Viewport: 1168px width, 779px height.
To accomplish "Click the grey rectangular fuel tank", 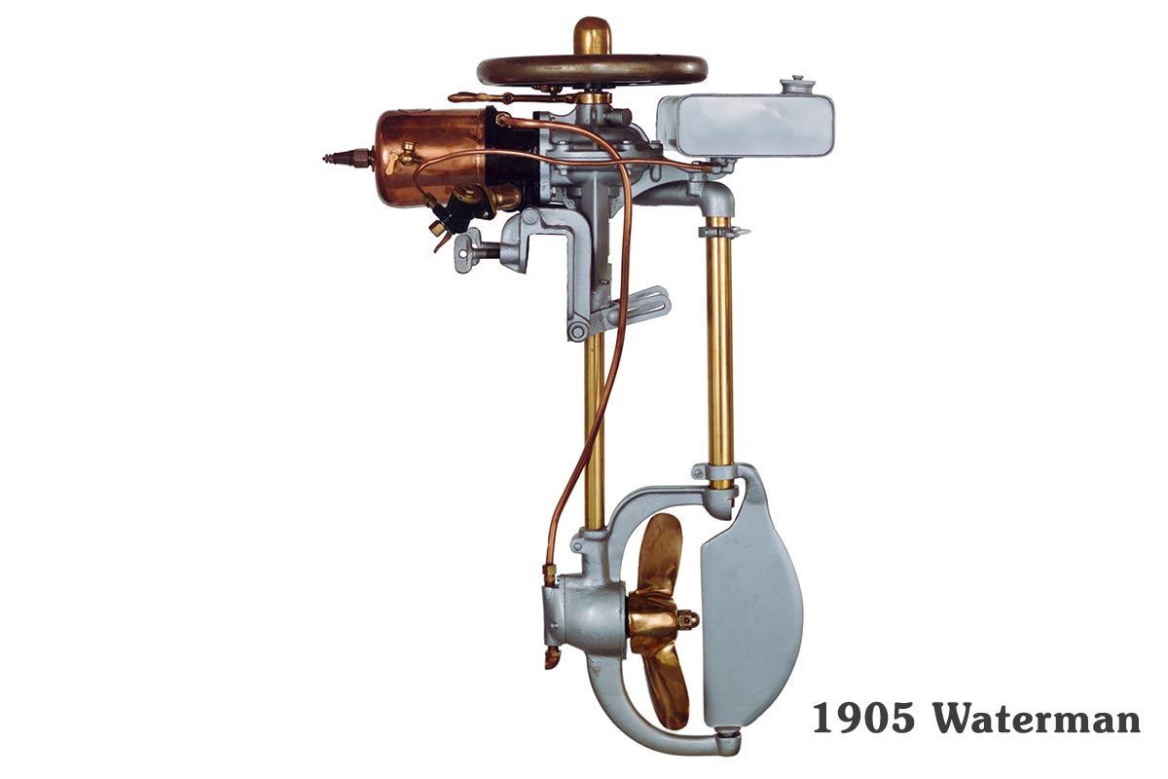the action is tap(746, 126).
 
